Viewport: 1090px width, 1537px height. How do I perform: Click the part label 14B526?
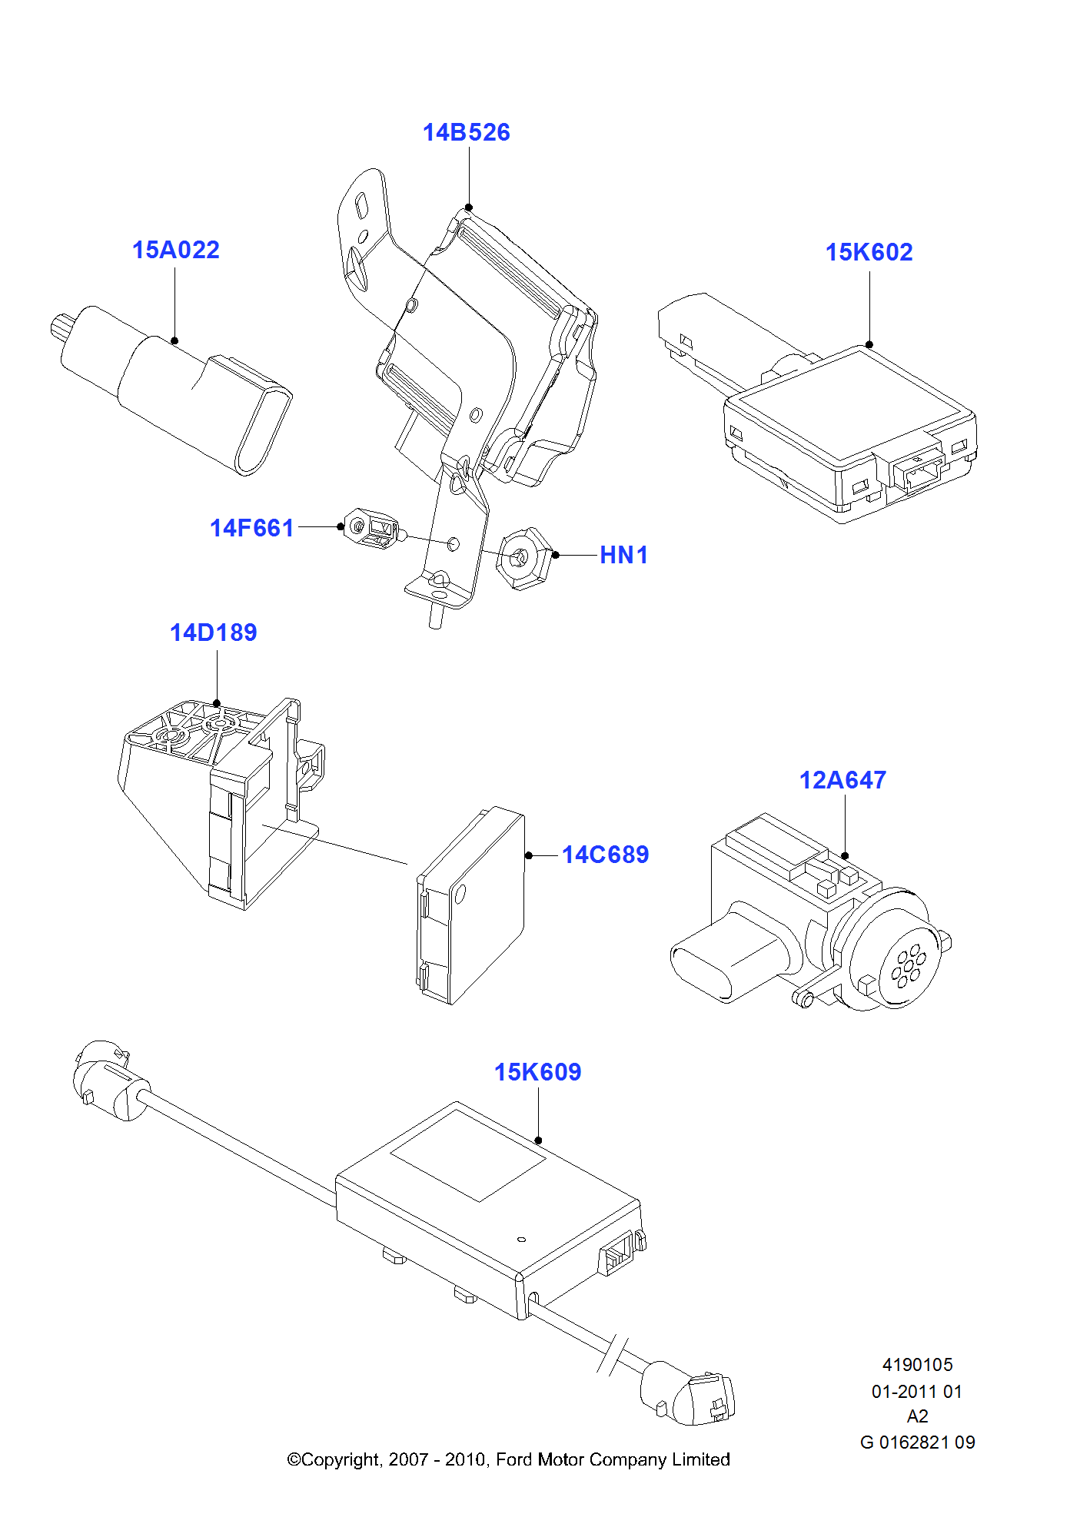(x=466, y=132)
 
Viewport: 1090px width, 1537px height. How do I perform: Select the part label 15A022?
(x=175, y=250)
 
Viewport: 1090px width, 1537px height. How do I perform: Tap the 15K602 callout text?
(x=869, y=252)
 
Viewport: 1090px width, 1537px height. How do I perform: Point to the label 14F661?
(x=251, y=528)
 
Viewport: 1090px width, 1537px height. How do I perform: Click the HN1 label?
(x=623, y=555)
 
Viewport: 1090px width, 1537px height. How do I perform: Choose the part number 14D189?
(x=213, y=632)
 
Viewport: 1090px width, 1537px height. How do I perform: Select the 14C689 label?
(x=605, y=855)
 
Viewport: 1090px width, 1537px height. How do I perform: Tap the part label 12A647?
(x=842, y=780)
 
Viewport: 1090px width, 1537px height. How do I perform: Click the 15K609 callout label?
(x=537, y=1072)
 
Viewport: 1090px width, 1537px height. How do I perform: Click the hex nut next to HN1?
(x=523, y=558)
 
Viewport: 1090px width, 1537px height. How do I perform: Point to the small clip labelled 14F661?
(x=372, y=528)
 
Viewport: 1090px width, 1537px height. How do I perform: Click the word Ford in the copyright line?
(x=513, y=1459)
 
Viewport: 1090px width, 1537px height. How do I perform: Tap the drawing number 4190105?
(x=917, y=1365)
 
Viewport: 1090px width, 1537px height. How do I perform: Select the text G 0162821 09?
(x=917, y=1442)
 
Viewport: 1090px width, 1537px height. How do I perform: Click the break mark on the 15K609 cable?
(x=613, y=1356)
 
